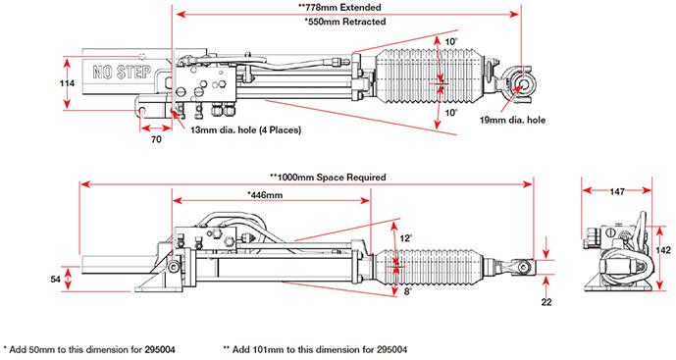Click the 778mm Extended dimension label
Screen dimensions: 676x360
click(340, 7)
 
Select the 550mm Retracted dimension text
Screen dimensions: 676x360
click(344, 22)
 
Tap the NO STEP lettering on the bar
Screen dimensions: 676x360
click(122, 72)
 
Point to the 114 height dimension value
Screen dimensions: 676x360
click(67, 83)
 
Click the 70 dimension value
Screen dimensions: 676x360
click(156, 139)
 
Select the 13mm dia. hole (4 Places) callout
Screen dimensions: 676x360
click(245, 129)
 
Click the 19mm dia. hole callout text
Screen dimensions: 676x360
click(512, 121)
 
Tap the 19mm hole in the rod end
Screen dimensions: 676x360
click(523, 83)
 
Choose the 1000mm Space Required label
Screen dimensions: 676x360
click(328, 178)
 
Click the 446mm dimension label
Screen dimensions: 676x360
click(265, 195)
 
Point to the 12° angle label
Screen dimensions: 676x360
click(406, 238)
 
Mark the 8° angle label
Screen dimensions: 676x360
click(408, 291)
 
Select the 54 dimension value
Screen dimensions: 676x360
click(55, 280)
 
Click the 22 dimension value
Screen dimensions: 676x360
click(546, 302)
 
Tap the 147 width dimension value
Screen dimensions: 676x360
click(617, 191)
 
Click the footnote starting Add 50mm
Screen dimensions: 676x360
click(89, 349)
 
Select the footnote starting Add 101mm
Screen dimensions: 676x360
click(315, 349)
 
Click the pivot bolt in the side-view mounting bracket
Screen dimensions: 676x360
click(175, 267)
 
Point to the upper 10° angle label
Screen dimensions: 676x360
click(451, 42)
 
